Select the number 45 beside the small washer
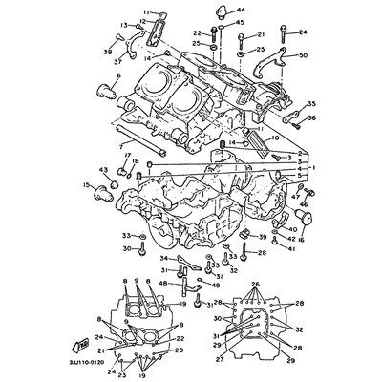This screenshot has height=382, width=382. (240, 22)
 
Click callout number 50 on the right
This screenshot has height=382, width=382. (304, 56)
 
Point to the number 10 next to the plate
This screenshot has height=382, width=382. (276, 138)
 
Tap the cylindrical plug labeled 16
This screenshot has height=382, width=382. (286, 220)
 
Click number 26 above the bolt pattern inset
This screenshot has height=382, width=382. (254, 285)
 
